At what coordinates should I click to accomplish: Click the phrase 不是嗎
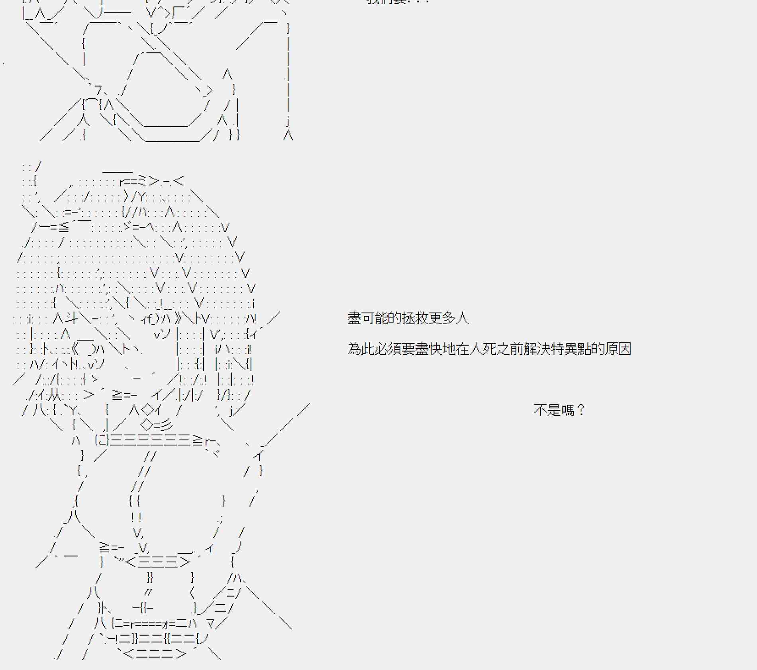(x=554, y=410)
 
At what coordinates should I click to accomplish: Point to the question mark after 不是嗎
(x=581, y=410)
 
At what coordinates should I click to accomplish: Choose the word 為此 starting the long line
(x=361, y=349)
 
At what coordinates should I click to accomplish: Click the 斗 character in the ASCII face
(x=72, y=318)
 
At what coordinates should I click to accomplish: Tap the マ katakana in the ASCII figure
(x=210, y=623)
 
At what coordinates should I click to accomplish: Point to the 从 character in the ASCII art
(x=55, y=395)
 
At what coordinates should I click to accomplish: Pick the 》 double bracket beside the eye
(x=178, y=318)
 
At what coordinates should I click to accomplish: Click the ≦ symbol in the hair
(x=63, y=227)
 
